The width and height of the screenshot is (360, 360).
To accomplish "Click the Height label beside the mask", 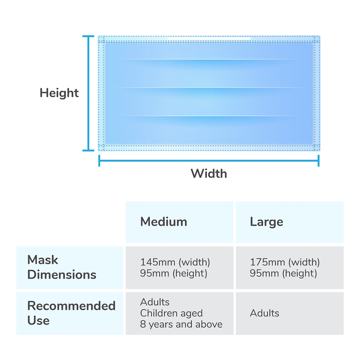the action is tap(59, 93).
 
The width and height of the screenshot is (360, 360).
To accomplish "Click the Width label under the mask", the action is tap(209, 174).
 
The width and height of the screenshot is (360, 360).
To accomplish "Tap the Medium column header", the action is tap(164, 222).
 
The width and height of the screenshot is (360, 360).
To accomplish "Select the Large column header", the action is tap(266, 222).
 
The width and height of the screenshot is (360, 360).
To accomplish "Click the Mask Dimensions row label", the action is tap(62, 267).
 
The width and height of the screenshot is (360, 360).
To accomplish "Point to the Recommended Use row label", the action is tap(71, 313).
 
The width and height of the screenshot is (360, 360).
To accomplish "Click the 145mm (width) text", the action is tap(175, 262).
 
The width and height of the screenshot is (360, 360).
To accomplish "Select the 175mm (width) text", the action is tap(285, 262).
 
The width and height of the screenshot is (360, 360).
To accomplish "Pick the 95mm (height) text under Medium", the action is tap(174, 273).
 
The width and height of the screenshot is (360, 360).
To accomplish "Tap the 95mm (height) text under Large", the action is tap(283, 273).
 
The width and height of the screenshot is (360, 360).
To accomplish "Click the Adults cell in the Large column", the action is tap(265, 313).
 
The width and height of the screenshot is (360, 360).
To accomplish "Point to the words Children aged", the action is tap(171, 313).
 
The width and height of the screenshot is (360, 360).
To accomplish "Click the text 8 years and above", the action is tap(181, 324).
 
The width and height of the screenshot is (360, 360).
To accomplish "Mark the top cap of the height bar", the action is tap(89, 36).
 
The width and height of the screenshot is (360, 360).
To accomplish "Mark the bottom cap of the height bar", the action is tap(89, 150).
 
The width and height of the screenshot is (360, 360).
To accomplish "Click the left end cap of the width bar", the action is tap(99, 161).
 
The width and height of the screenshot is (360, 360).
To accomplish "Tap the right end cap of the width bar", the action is tap(319, 161).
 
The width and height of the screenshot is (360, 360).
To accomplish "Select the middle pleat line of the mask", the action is tap(209, 88).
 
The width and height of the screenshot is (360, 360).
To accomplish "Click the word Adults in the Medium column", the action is tap(155, 302).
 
